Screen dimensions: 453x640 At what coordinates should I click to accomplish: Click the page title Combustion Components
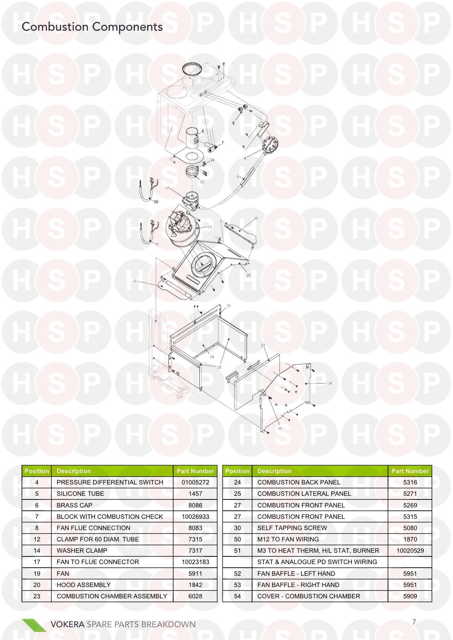coord(92,27)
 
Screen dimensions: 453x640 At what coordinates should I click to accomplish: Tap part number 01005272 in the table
coord(195,482)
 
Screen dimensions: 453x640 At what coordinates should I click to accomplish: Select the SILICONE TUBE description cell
coord(80,494)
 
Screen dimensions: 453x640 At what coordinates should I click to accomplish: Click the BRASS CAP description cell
coord(75,505)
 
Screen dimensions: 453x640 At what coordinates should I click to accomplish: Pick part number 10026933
coord(195,517)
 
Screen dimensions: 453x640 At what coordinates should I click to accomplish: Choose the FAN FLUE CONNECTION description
coord(94,528)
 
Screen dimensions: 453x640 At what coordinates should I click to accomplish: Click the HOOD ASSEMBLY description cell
coord(84,585)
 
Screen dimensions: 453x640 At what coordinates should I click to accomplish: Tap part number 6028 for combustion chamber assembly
coord(195,596)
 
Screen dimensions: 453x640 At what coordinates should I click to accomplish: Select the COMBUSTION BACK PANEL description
coord(299,482)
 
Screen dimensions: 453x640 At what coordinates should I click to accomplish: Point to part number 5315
coord(410,517)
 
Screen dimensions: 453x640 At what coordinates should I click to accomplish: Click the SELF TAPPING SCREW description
coord(292,528)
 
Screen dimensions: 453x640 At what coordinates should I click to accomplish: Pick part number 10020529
coord(410,551)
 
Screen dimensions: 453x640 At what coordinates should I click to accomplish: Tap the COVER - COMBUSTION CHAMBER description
coord(309,596)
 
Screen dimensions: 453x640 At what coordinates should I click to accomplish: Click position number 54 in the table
coord(237,596)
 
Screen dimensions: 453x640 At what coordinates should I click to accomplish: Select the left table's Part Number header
coord(195,471)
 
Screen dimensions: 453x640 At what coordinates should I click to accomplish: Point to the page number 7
coord(414,622)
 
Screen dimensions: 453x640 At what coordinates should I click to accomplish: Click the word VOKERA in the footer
coord(68,624)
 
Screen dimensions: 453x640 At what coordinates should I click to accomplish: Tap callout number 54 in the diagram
coord(330,383)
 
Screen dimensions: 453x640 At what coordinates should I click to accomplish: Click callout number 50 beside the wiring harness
coord(156,202)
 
